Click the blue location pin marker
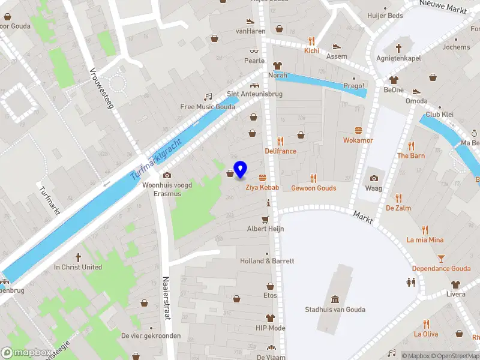(240, 169)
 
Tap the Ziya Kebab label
(262, 188)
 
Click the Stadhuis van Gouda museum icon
(335, 299)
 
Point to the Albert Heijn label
(265, 229)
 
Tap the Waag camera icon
(374, 178)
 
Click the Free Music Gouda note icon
(208, 97)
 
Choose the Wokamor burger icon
(358, 130)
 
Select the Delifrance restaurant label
(280, 151)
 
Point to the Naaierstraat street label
(166, 299)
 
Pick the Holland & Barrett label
(267, 261)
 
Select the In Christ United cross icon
(78, 257)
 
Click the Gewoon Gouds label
(313, 188)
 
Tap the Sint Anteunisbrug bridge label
(254, 94)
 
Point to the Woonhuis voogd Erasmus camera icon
(167, 175)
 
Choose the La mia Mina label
(425, 240)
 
